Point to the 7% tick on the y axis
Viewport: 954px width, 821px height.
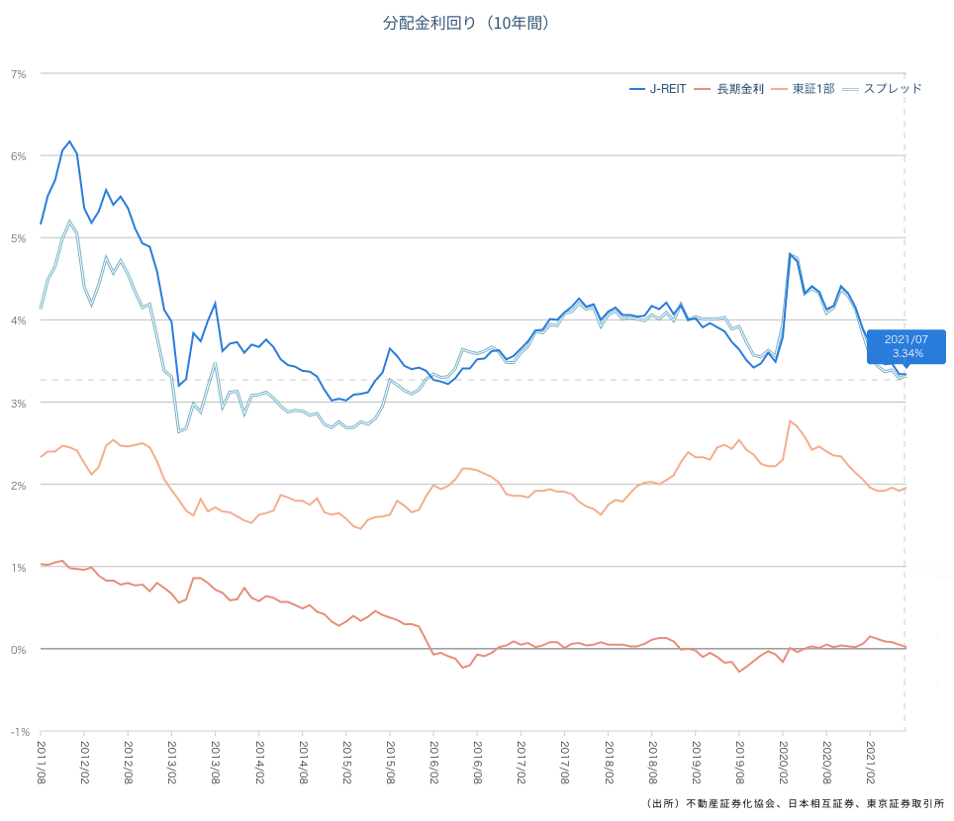pyautogui.click(x=19, y=74)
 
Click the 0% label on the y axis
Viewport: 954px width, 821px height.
pyautogui.click(x=19, y=650)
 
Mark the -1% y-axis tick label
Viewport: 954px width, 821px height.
pyautogui.click(x=19, y=732)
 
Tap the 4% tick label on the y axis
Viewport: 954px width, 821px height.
pyautogui.click(x=19, y=320)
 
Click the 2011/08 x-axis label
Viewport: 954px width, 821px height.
pyautogui.click(x=42, y=762)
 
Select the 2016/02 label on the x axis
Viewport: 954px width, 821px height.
pyautogui.click(x=433, y=762)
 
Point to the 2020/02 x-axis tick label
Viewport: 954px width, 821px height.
pyautogui.click(x=783, y=762)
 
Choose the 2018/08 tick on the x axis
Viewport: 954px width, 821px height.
pyautogui.click(x=652, y=762)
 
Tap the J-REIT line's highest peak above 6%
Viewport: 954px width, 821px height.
pyautogui.click(x=69, y=141)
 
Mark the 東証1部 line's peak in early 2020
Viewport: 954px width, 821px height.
pyautogui.click(x=790, y=421)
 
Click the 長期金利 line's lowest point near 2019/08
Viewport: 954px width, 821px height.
pyautogui.click(x=738, y=672)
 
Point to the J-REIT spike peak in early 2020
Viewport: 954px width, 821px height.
pyautogui.click(x=790, y=254)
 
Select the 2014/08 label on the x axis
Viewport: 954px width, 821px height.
pyautogui.click(x=303, y=762)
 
